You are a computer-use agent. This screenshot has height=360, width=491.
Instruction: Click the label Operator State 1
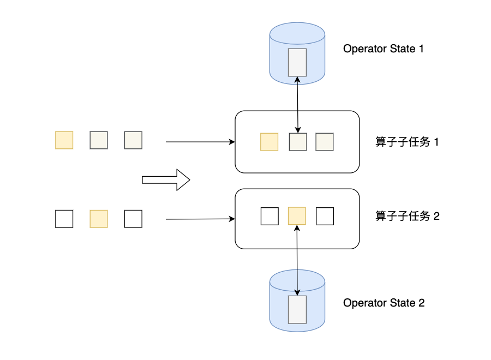384,49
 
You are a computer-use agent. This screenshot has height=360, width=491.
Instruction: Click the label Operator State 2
384,303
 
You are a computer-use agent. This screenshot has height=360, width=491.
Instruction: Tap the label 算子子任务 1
408,142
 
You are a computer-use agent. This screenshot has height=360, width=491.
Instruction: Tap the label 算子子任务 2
408,216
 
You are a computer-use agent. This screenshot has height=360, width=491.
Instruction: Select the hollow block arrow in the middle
165,179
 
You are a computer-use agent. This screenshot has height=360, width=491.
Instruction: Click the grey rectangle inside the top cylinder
297,62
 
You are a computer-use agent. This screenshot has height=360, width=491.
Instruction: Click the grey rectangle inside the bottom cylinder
297,309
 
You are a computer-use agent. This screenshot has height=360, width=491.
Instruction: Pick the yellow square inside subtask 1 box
270,142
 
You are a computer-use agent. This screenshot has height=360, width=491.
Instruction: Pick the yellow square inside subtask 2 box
297,216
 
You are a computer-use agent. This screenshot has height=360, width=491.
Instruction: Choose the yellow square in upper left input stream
64,140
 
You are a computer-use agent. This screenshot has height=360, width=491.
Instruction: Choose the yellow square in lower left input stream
99,219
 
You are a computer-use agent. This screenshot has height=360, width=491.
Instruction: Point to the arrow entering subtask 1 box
200,142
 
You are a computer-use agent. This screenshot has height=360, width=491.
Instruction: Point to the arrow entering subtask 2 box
200,219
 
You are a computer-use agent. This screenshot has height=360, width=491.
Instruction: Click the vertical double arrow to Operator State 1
297,104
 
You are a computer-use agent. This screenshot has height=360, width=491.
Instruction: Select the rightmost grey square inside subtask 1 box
325,142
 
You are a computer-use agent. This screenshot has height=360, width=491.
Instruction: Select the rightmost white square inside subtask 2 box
325,216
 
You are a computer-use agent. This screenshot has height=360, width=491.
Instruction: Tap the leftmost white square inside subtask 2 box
270,216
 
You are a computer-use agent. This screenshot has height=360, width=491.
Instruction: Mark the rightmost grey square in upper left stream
133,140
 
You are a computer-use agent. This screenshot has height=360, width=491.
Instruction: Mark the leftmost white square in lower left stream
64,219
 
